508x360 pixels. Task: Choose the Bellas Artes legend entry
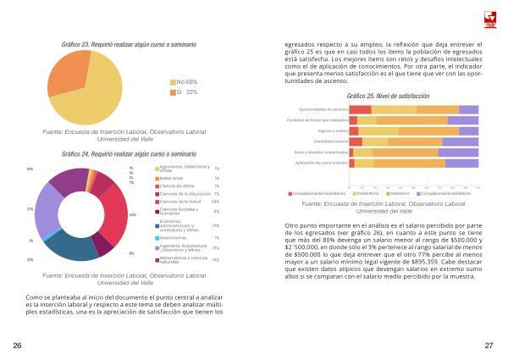tap(171, 179)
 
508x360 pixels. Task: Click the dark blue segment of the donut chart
tap(72, 246)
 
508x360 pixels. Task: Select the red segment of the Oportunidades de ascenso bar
tap(360, 109)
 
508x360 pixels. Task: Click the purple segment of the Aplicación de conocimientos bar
tap(462, 162)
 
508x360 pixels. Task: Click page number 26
tap(17, 346)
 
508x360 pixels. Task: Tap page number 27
tap(489, 346)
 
